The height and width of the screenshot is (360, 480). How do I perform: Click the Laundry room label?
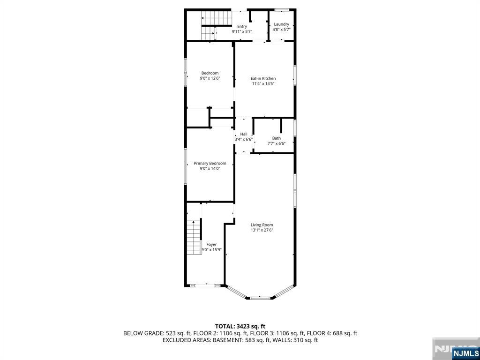281,24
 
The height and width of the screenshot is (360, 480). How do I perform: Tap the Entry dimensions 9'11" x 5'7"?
242,31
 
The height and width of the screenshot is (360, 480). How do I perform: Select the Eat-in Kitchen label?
263,78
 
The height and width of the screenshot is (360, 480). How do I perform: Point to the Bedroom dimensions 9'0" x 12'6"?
210,78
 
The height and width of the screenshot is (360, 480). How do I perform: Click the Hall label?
244,134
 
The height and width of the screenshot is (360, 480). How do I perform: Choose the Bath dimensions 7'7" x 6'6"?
277,143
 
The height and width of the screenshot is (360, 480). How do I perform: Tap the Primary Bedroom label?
210,163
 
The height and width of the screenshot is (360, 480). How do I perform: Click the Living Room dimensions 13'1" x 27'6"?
262,230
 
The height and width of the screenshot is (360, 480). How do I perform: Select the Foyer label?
211,244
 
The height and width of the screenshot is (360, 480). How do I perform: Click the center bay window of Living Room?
260,298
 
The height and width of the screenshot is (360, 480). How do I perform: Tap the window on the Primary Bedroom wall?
186,166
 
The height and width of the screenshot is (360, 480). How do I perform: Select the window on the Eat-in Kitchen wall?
295,75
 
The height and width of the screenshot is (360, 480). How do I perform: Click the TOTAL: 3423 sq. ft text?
240,326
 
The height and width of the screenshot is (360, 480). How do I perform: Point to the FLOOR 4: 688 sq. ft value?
332,333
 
